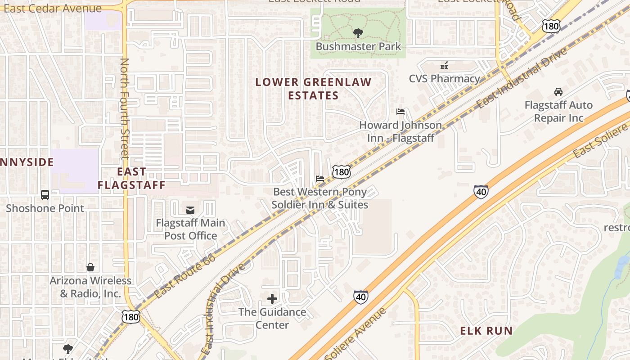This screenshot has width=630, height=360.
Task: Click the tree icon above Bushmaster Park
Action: [358, 33]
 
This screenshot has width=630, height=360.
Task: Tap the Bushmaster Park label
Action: [358, 46]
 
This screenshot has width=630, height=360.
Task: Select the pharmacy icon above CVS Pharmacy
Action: [444, 66]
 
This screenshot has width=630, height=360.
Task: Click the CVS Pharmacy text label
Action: [444, 79]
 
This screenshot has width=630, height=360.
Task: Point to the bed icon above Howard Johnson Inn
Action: [400, 112]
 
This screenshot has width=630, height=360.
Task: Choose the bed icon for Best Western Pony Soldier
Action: [320, 179]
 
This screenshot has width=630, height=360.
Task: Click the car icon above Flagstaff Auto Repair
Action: [558, 92]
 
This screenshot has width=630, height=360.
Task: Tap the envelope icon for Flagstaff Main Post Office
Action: [190, 210]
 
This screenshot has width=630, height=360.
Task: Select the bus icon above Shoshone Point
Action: [45, 195]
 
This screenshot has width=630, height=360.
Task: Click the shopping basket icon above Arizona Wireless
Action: [90, 267]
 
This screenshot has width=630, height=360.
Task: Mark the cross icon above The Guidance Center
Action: [272, 299]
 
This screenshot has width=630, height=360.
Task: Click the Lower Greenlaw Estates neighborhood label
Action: [313, 89]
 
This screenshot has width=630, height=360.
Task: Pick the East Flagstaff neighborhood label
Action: [131, 178]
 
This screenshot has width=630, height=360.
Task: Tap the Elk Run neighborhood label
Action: [486, 331]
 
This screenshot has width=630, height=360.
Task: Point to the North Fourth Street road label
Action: [125, 108]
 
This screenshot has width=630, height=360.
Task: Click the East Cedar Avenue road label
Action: [52, 9]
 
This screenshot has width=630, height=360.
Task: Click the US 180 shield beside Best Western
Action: [342, 171]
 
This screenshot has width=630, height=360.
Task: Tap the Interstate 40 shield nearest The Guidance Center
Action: [360, 297]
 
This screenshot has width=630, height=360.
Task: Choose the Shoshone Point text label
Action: [45, 208]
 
